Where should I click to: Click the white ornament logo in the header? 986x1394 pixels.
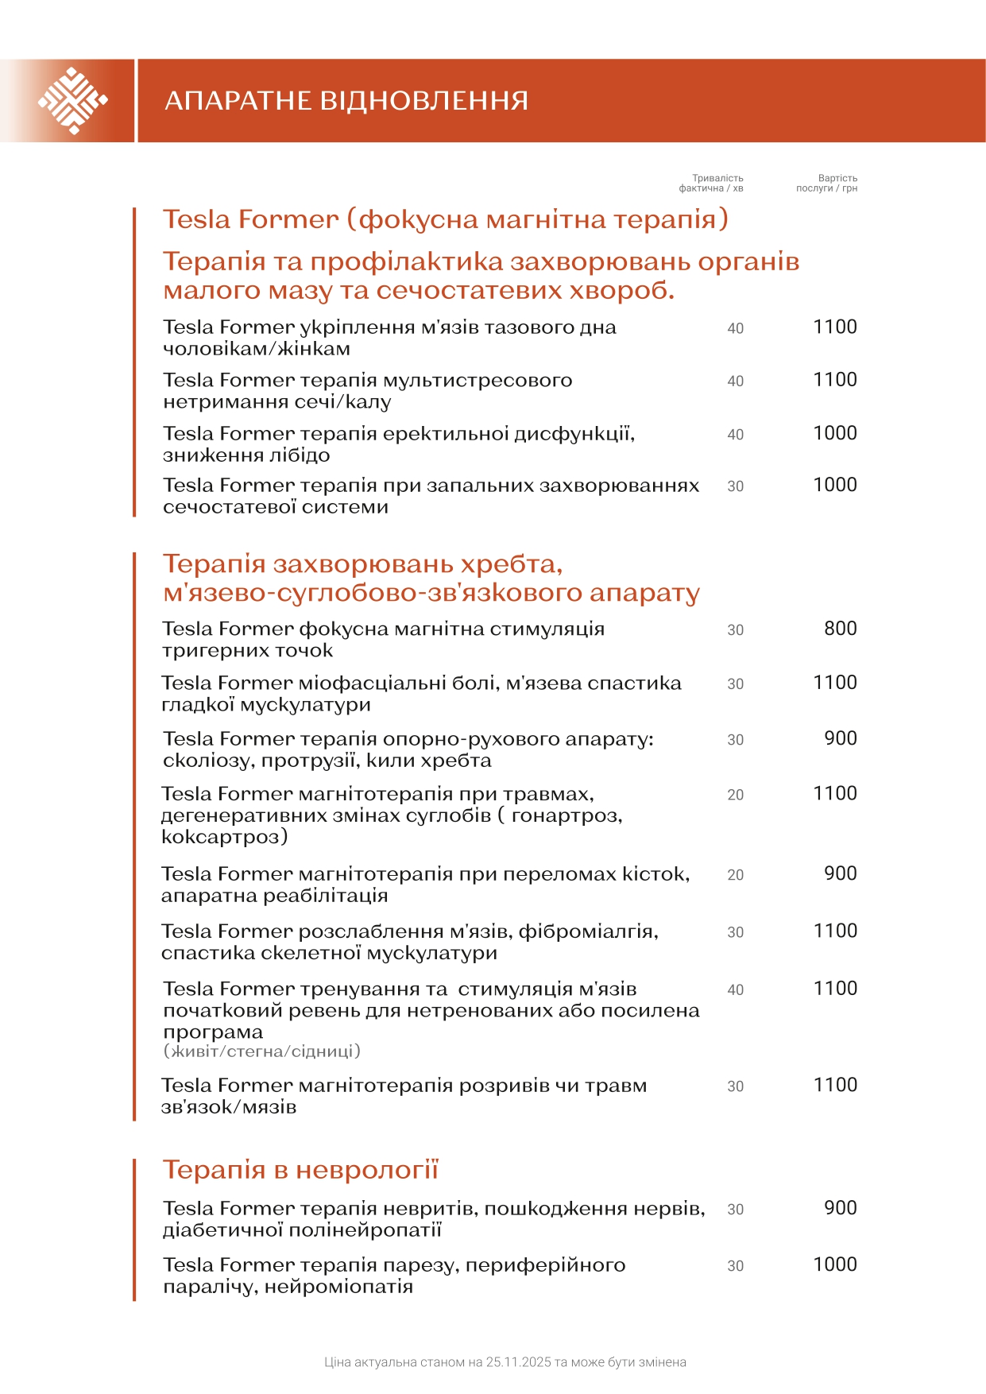coord(72,101)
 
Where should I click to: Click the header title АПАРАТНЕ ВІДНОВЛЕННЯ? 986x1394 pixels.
coord(346,101)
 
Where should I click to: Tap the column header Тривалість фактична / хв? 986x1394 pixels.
coord(712,184)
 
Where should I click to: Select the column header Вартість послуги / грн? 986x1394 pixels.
coord(827,184)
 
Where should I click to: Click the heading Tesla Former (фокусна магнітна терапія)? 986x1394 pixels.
coord(446,219)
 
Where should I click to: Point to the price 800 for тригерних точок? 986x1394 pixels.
coord(840,629)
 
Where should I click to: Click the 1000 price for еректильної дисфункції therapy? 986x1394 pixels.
coord(834,433)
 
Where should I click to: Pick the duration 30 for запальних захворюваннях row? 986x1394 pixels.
coord(735,486)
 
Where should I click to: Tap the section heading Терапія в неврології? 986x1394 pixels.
coord(300,1170)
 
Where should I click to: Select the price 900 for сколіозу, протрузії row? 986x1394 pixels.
coord(840,738)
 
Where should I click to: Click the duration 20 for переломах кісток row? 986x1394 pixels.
coord(735,875)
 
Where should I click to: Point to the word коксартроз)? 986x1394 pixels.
coord(225,837)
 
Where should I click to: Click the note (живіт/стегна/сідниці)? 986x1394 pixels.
coord(262,1051)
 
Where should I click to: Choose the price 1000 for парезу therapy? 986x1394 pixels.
coord(834,1264)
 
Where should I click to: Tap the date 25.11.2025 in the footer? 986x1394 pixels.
coord(518,1362)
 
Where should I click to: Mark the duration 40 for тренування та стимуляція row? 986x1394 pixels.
coord(735,990)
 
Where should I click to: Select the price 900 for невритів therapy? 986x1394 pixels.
coord(840,1208)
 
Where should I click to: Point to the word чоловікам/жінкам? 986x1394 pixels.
coord(257,349)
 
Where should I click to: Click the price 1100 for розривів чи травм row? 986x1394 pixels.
coord(834,1085)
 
